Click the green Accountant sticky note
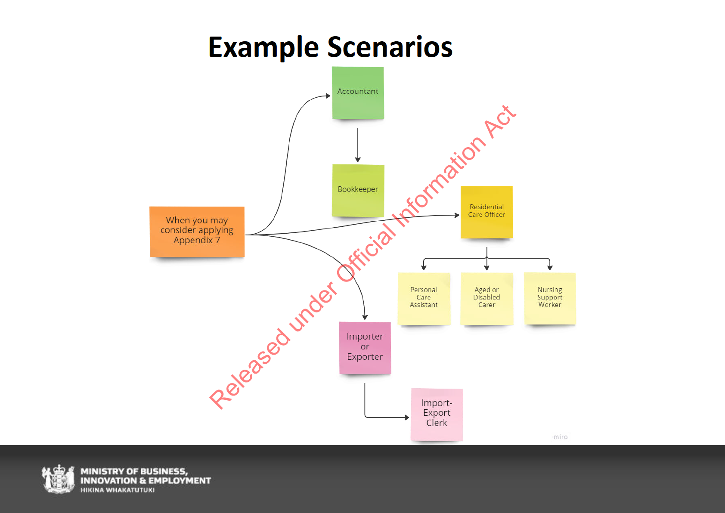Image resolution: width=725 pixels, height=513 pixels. (358, 93)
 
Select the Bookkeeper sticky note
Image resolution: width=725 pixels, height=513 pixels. (358, 191)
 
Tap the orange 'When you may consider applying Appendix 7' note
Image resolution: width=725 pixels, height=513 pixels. (197, 232)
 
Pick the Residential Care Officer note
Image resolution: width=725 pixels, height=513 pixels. (486, 212)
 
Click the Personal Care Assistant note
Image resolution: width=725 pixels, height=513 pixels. (424, 299)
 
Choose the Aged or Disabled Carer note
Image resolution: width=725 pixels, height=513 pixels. (487, 299)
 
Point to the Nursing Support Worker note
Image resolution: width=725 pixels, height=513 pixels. (550, 299)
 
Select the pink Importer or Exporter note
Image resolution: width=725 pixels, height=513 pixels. (365, 348)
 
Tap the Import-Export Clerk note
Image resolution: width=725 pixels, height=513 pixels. (437, 415)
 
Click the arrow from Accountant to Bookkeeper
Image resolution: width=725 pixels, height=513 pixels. (358, 145)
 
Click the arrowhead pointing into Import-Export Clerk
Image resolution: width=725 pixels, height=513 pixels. (407, 417)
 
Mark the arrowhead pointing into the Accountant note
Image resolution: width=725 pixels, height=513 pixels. (328, 96)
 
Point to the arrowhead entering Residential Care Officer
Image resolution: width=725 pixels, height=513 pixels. (457, 215)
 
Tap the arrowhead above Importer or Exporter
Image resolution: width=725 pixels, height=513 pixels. (365, 318)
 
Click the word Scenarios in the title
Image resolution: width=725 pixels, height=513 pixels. (390, 47)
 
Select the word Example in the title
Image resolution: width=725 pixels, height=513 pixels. (263, 48)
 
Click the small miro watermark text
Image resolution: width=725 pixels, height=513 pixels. (561, 437)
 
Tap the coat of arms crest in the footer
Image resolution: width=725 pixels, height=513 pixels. (58, 479)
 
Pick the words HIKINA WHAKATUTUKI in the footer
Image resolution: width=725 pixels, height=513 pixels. (118, 490)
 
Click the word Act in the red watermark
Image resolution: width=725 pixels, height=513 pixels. (500, 122)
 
